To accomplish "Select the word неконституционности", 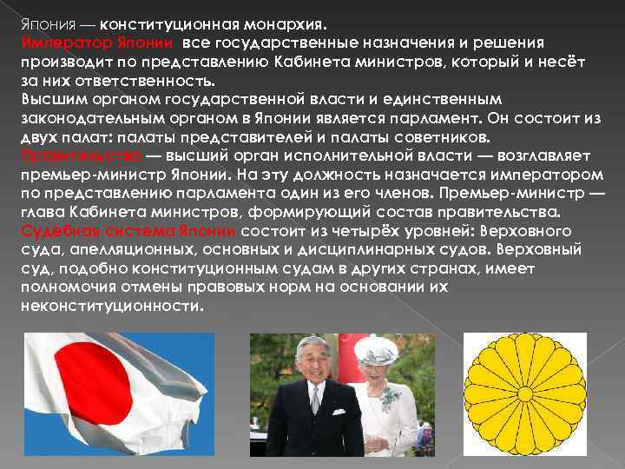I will tap(111, 307).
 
